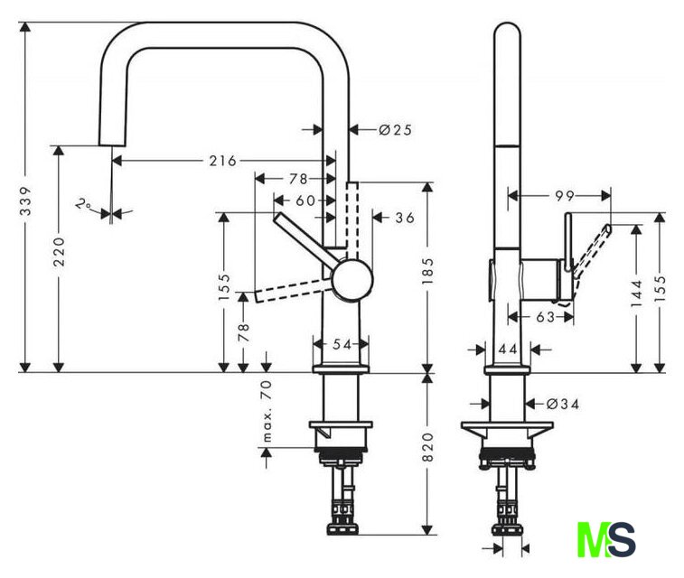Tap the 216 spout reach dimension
click(x=221, y=161)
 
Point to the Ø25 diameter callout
click(x=395, y=130)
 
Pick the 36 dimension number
click(x=404, y=217)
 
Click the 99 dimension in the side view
click(x=566, y=194)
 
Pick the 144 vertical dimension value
click(x=637, y=291)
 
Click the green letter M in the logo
click(x=594, y=539)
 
